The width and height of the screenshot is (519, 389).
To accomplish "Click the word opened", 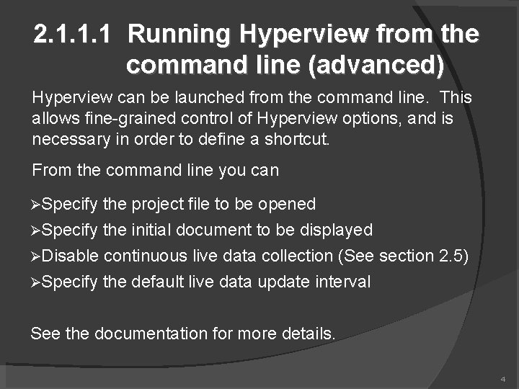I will pyautogui.click(x=285, y=205).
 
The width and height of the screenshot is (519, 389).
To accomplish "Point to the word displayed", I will pyautogui.click(x=337, y=231).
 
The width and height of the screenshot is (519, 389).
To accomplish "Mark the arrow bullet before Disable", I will pyautogui.click(x=37, y=256).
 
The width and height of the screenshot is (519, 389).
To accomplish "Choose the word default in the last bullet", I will pyautogui.click(x=159, y=282).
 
